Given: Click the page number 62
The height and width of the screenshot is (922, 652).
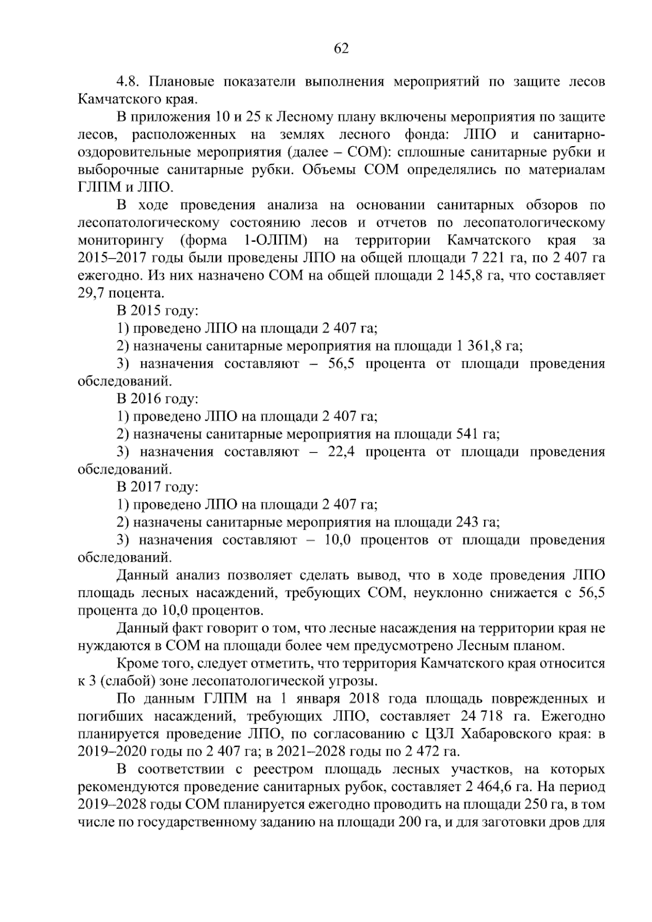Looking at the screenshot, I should click(341, 48).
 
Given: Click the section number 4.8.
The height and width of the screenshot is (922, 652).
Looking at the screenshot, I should click(128, 82).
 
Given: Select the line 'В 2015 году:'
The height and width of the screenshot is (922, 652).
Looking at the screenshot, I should click(157, 311).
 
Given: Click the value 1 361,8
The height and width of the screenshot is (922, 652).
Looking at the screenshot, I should click(479, 346).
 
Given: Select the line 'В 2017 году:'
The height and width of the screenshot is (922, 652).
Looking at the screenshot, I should click(157, 487).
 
